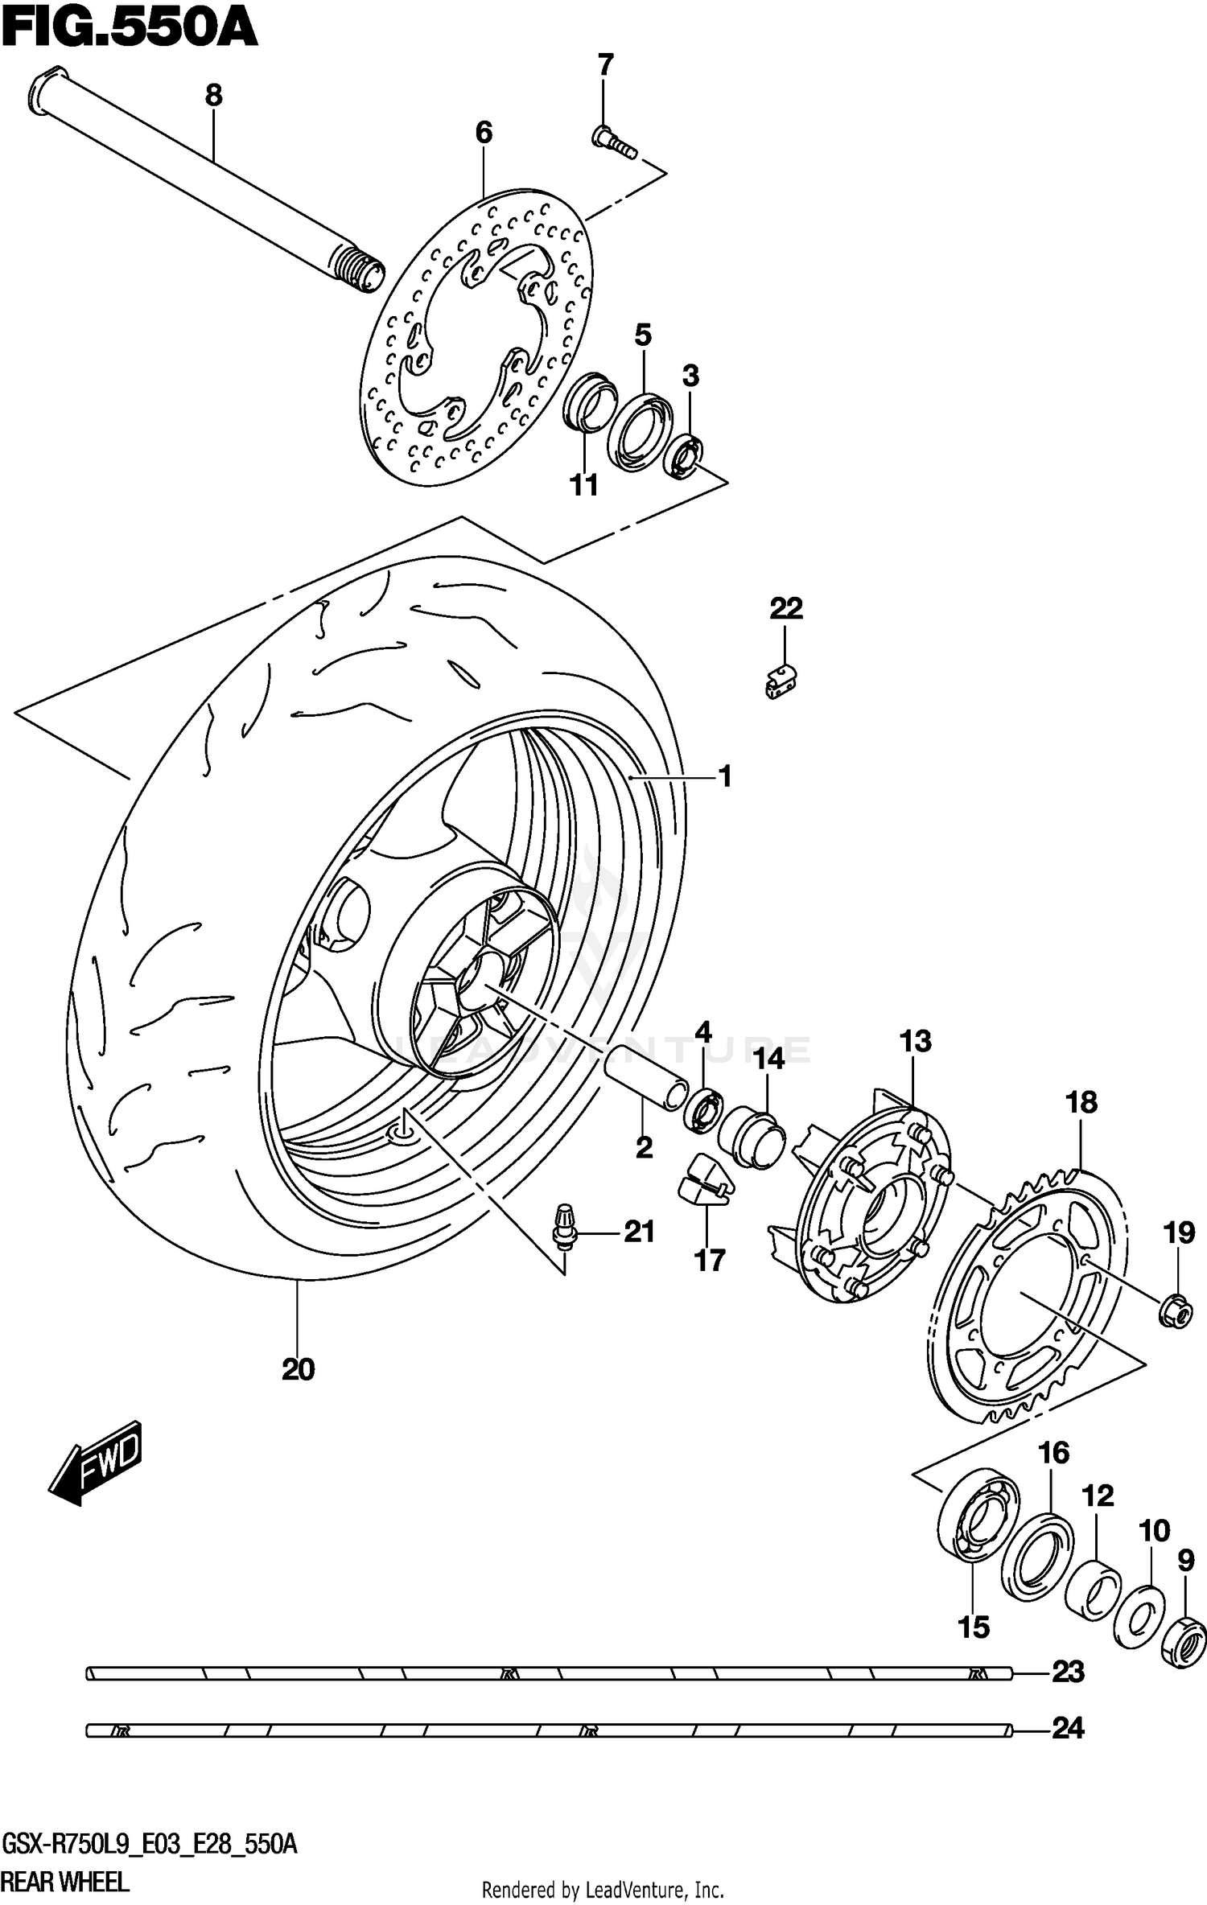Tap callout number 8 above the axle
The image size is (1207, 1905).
pos(213,96)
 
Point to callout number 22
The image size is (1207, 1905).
pos(785,609)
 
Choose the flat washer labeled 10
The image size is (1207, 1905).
pos(1139,1617)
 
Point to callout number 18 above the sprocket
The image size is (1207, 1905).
pos(1081,1102)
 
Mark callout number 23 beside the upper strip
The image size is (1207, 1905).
pos(1069,1673)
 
